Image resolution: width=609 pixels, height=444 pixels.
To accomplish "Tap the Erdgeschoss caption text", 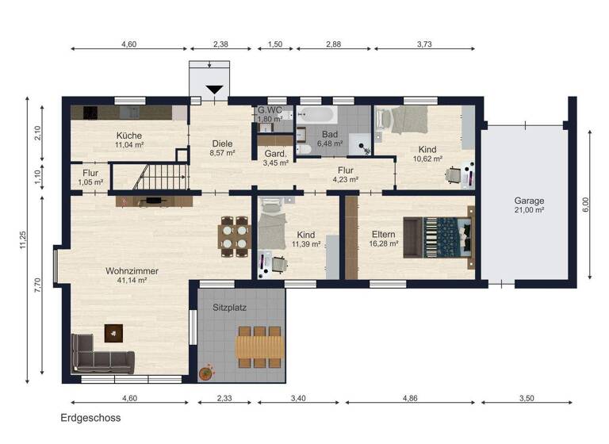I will tap(90, 418).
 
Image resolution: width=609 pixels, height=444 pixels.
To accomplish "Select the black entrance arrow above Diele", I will tap(214, 90).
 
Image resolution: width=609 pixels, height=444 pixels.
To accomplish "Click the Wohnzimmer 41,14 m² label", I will tap(132, 275).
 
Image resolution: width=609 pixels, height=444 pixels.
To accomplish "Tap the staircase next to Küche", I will tap(162, 174).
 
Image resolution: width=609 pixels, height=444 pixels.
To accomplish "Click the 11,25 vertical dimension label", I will tap(25, 239).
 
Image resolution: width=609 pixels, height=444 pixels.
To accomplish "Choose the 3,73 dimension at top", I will tap(424, 44).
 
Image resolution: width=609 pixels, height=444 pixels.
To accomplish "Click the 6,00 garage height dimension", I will tap(586, 205).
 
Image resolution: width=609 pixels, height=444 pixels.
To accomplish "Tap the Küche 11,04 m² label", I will tap(129, 140).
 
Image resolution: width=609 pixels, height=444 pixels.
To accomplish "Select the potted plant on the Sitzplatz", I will tap(206, 371).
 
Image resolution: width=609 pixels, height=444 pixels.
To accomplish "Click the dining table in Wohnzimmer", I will tap(234, 236).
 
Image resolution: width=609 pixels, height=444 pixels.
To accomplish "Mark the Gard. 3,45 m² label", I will tap(275, 158).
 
